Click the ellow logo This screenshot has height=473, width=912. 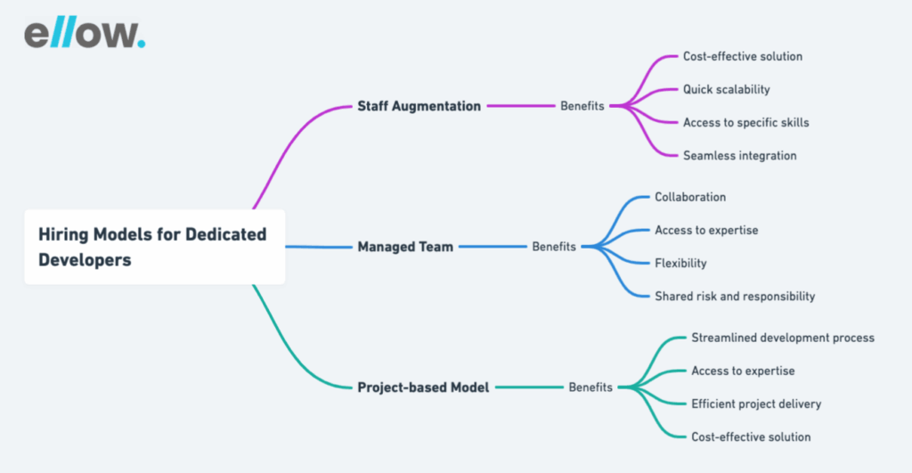click(84, 33)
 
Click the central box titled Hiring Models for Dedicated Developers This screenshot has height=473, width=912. click(154, 247)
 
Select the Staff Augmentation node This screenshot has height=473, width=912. click(419, 106)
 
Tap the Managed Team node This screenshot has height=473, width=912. click(405, 247)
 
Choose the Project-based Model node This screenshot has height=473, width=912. click(423, 387)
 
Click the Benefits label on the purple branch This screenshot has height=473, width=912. click(582, 106)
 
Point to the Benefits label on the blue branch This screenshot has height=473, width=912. click(554, 247)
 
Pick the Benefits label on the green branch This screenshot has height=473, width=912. click(590, 387)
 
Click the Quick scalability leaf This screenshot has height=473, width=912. click(726, 89)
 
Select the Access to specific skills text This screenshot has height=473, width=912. click(745, 122)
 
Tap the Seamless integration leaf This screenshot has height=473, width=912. click(739, 156)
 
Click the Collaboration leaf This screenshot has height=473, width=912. click(690, 197)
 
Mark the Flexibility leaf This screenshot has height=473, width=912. click(680, 264)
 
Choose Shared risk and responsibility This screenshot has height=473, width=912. click(735, 297)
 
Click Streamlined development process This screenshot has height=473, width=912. click(783, 338)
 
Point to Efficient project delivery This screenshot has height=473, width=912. click(756, 404)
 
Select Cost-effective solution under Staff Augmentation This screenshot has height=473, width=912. click(742, 56)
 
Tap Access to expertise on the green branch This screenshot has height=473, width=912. click(743, 371)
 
